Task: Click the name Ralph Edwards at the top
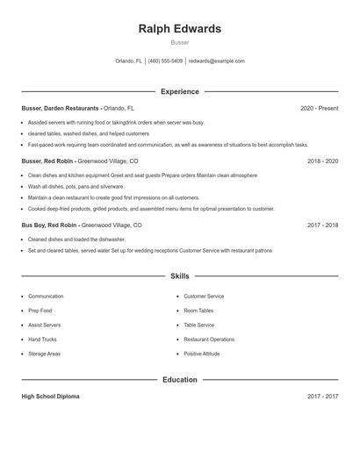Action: [x=180, y=28]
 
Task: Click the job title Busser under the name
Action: [x=180, y=42]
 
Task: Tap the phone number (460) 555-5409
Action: [x=165, y=61]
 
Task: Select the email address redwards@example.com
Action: [x=216, y=61]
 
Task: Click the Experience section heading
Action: [x=180, y=91]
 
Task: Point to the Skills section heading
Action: [x=180, y=276]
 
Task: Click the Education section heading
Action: [x=180, y=380]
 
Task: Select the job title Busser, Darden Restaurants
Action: [x=61, y=108]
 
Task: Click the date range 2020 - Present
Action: [x=319, y=108]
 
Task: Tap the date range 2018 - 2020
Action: [x=322, y=161]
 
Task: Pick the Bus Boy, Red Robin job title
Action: [x=51, y=225]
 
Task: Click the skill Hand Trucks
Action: [x=43, y=339]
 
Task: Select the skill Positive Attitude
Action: [x=203, y=354]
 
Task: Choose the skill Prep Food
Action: [x=40, y=311]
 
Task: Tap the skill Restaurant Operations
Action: [x=209, y=339]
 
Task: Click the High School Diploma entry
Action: [x=50, y=397]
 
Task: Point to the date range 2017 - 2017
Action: [x=322, y=397]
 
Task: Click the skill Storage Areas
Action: [x=44, y=354]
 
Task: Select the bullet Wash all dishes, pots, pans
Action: [x=76, y=187]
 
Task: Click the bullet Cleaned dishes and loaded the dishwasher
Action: [x=77, y=239]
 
